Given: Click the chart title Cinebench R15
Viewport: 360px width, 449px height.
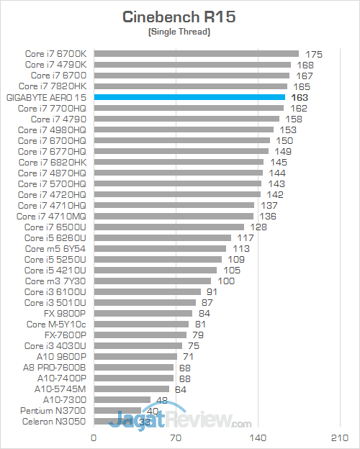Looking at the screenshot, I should pyautogui.click(x=179, y=17).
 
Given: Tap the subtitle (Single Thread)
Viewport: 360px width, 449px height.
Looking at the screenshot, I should pyautogui.click(x=179, y=33).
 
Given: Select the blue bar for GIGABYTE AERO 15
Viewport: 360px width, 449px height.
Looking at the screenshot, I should pyautogui.click(x=190, y=97).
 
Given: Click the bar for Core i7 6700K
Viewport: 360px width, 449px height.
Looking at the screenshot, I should pyautogui.click(x=196, y=53).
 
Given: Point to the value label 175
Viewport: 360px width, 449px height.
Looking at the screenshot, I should pyautogui.click(x=313, y=54).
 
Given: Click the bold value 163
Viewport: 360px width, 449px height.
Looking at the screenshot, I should pyautogui.click(x=300, y=97).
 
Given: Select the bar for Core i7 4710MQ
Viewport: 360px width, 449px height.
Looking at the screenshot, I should pyautogui.click(x=174, y=216).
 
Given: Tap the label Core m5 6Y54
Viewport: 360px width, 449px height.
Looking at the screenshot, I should pyautogui.click(x=55, y=248).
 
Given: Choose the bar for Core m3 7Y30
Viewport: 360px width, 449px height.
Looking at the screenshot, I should pyautogui.click(x=153, y=281).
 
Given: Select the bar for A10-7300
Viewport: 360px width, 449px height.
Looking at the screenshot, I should pyautogui.click(x=122, y=399).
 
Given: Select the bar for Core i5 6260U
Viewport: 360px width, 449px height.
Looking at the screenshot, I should pyautogui.click(x=163, y=237).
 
